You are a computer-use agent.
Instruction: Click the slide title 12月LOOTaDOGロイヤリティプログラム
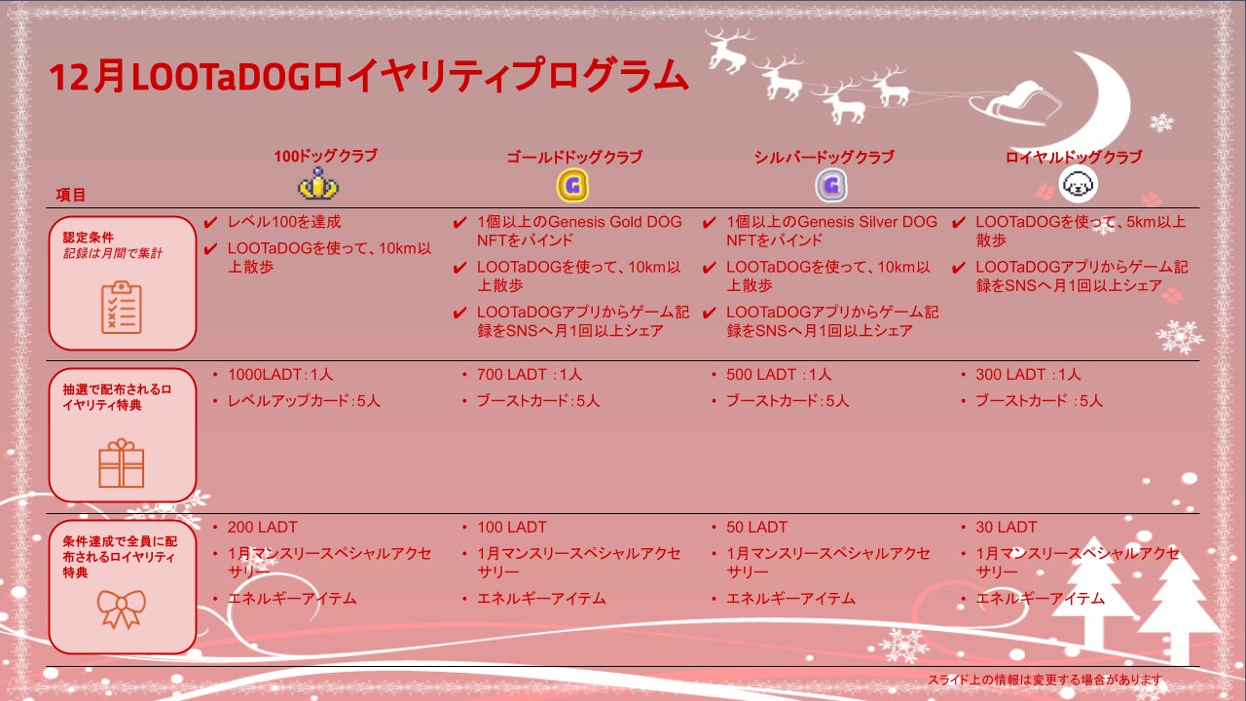click(x=369, y=77)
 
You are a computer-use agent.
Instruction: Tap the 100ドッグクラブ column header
click(x=324, y=156)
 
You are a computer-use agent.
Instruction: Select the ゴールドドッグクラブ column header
click(x=573, y=157)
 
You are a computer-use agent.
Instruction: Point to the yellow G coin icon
click(x=573, y=185)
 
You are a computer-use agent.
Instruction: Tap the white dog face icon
click(x=1078, y=182)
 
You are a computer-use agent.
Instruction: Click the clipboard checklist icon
click(x=122, y=307)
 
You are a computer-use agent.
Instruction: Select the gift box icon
click(x=122, y=462)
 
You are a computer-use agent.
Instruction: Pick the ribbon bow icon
click(x=122, y=609)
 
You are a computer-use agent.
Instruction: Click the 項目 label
click(x=71, y=195)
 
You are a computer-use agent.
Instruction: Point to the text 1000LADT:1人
click(x=280, y=375)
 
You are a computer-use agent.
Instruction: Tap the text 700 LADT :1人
click(x=530, y=375)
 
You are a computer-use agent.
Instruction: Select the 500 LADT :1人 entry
click(x=779, y=375)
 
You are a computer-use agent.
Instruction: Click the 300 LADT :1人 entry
click(x=1028, y=375)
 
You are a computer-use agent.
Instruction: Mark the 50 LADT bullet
click(x=756, y=527)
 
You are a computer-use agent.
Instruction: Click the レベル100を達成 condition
click(x=284, y=222)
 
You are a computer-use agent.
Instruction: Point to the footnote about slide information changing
click(x=1044, y=680)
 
